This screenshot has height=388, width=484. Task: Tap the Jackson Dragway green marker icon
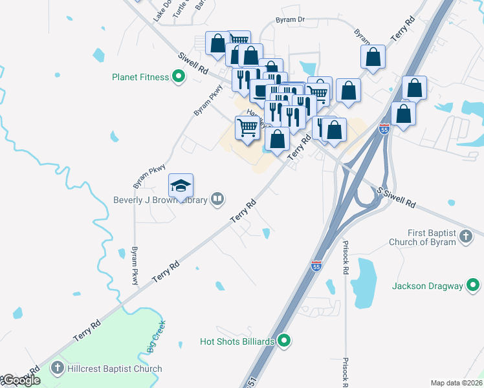(x=474, y=285)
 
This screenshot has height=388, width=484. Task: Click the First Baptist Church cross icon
(x=465, y=237)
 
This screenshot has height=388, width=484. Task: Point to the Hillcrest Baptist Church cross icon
(x=58, y=369)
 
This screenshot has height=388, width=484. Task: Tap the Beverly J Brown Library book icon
(x=219, y=200)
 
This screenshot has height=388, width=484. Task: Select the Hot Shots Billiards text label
(x=237, y=341)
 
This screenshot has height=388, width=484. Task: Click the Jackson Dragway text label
(x=428, y=285)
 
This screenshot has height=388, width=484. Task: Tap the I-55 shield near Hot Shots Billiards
(x=316, y=266)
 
